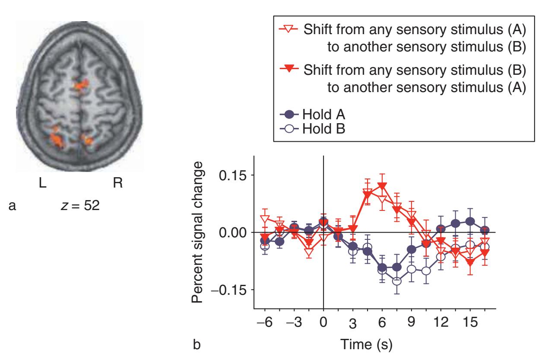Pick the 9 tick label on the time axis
412,323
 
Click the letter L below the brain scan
42,183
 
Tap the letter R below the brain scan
117,183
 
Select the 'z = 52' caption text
81,206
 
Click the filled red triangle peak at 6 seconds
382,187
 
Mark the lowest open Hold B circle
397,281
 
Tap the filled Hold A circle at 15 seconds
470,221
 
